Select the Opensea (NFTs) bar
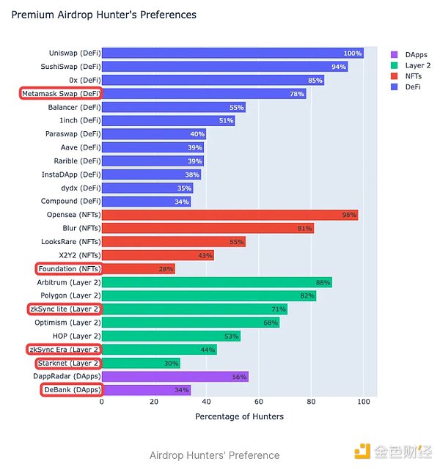point(230,215)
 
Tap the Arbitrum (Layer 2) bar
point(216,282)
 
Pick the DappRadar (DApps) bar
point(175,376)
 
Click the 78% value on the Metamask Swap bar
point(297,93)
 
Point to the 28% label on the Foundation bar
point(166,269)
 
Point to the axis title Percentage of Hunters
point(239,416)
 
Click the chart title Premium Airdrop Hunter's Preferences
point(103,15)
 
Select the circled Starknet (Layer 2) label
point(67,363)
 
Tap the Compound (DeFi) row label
point(70,202)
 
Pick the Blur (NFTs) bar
point(208,228)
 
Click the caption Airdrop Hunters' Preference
point(214,455)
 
